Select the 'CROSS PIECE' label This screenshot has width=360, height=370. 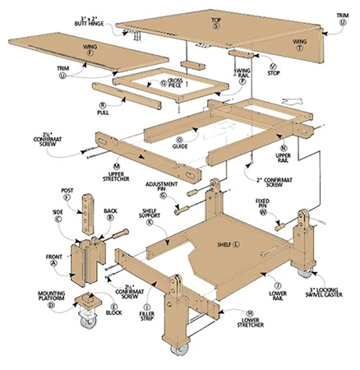point(174,81)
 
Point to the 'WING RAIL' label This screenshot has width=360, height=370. point(244,75)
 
